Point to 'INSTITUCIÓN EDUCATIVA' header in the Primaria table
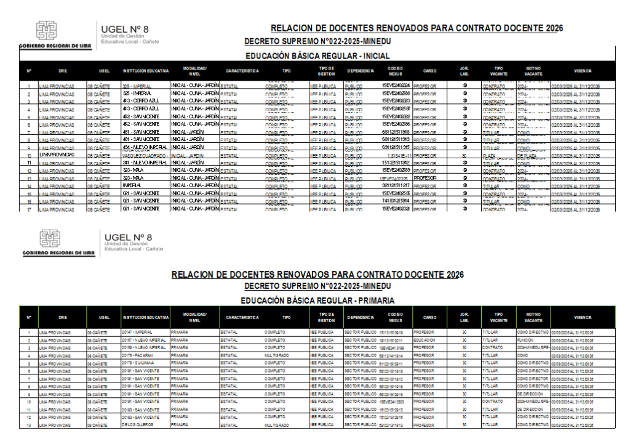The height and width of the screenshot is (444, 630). [145, 318]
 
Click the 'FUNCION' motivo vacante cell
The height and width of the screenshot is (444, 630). [525, 340]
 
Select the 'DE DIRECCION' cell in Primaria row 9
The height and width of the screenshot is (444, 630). [530, 394]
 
